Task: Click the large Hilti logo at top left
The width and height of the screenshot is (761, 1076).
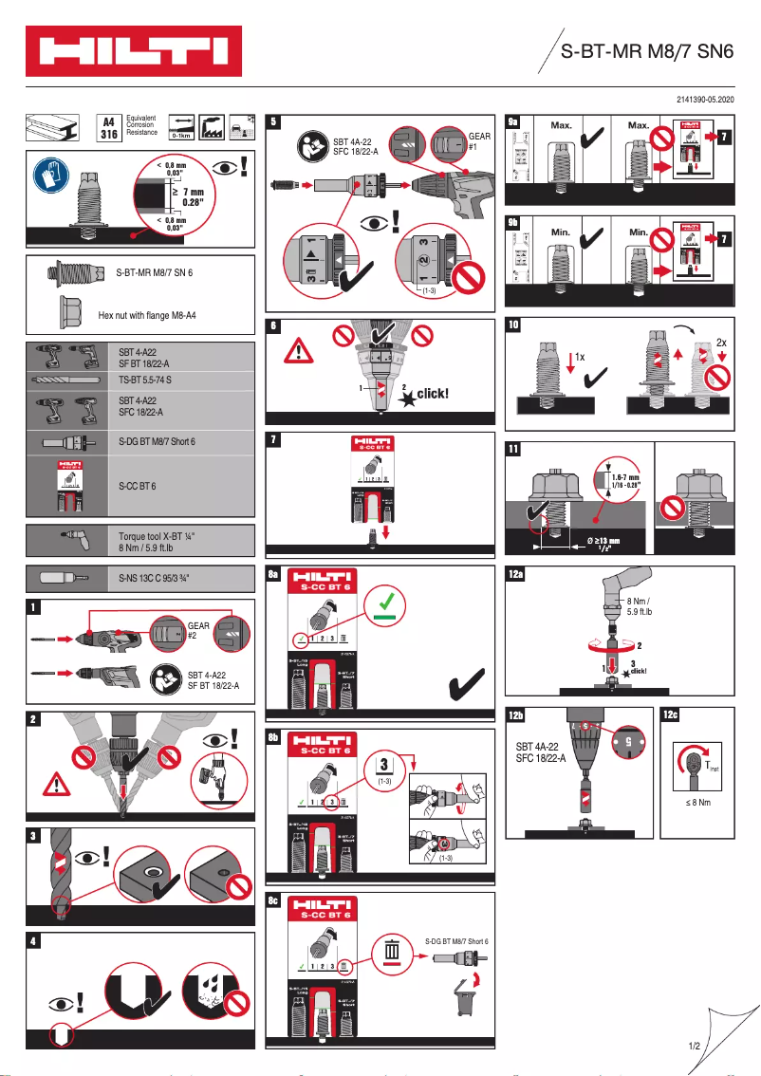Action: (133, 52)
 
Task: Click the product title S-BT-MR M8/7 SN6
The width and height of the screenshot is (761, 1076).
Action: (647, 53)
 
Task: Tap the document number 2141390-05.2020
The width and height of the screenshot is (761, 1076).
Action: (706, 100)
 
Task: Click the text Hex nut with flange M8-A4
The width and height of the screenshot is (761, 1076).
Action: (153, 314)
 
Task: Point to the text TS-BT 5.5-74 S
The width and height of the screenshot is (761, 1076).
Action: (145, 378)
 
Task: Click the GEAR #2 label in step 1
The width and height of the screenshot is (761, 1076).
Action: (198, 631)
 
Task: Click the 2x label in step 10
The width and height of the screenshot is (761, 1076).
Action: (721, 343)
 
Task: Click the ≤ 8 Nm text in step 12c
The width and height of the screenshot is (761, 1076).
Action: (697, 802)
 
